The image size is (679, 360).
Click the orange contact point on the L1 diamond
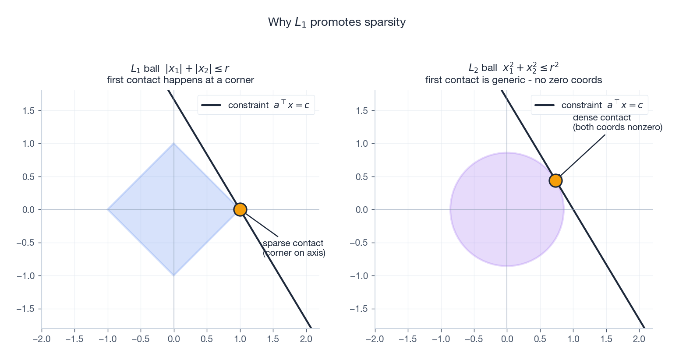point(240,209)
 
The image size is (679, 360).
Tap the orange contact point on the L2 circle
point(555,180)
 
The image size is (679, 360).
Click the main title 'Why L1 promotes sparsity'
point(336,22)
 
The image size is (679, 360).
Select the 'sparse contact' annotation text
point(293,244)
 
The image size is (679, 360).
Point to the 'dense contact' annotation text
point(602,118)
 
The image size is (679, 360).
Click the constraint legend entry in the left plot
point(256,105)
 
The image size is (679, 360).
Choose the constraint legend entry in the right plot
point(590,105)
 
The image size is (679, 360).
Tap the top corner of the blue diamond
point(174,144)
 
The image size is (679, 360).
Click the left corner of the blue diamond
point(108,209)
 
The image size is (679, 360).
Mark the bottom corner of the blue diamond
point(174,275)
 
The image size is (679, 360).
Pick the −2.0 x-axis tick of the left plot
point(42,339)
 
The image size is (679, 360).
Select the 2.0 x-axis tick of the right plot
point(639,339)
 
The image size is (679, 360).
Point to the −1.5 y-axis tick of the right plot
point(358,309)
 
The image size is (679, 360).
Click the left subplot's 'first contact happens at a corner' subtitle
point(180,80)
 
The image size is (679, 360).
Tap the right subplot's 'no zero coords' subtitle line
point(513,80)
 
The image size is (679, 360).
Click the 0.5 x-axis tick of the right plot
point(540,339)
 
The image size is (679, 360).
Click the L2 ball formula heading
point(513,68)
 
